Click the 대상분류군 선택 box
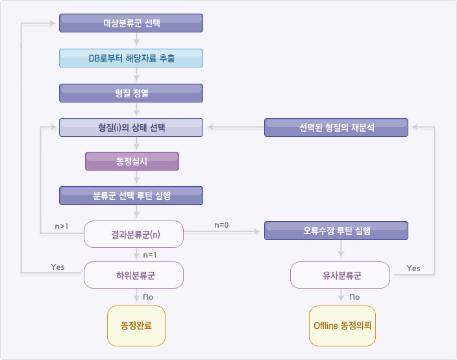pos(131,23)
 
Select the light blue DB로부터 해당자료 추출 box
pos(131,58)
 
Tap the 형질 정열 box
pos(131,93)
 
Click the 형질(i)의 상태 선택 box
pos(131,127)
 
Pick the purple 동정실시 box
pos(132,161)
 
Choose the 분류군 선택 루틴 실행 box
pos(131,196)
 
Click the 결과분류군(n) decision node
pos(134,234)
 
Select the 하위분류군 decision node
pos(134,275)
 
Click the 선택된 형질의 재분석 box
pos(336,127)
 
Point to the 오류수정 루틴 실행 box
pos(336,230)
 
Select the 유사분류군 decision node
pos(340,275)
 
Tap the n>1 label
pos(62,226)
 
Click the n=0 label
pos(221,225)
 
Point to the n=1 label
pos(151,254)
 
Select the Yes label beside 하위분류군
pos(58,267)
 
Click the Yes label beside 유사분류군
pos(413,268)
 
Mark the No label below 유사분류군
pos(354,296)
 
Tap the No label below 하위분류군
pos(149,296)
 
